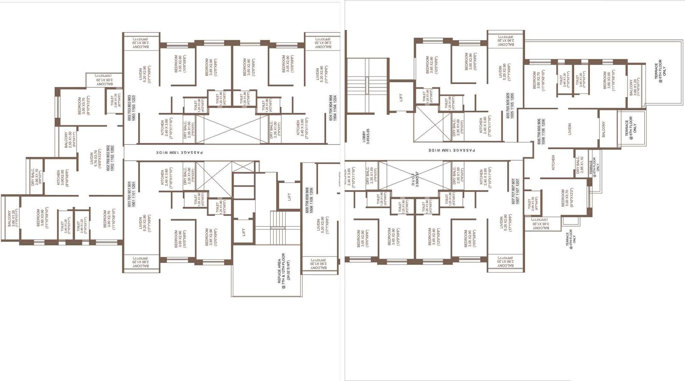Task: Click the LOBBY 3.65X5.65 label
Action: [x=366, y=137]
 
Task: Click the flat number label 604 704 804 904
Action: [x=333, y=108]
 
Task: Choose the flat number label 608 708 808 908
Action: [x=309, y=200]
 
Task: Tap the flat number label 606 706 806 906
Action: [x=541, y=132]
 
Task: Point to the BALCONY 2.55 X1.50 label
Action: [x=68, y=140]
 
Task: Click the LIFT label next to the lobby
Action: [x=401, y=98]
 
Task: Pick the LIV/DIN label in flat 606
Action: [x=569, y=129]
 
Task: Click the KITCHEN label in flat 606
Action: [x=553, y=163]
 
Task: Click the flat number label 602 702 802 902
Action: [x=110, y=159]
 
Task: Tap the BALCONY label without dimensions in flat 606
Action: [x=603, y=129]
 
